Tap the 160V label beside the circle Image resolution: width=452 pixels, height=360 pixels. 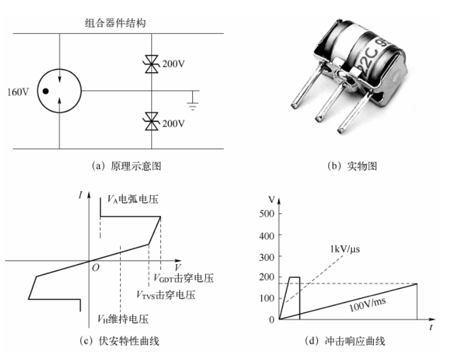[x=18, y=92]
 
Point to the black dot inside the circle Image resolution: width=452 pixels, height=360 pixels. [x=47, y=91]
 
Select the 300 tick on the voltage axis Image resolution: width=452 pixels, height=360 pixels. [x=265, y=256]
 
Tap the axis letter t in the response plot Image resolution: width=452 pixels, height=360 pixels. [x=432, y=327]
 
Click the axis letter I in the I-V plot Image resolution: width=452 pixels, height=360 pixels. [x=81, y=195]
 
